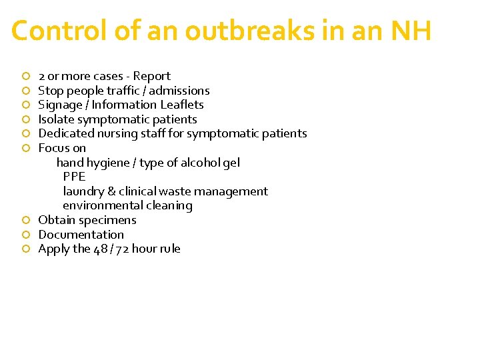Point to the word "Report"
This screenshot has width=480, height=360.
[x=152, y=76]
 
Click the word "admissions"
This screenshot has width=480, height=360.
[x=179, y=91]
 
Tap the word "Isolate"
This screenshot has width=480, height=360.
[x=56, y=119]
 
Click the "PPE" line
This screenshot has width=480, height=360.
[x=74, y=177]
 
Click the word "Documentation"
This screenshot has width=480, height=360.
[x=81, y=235]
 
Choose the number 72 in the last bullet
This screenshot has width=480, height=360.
[x=122, y=249]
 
